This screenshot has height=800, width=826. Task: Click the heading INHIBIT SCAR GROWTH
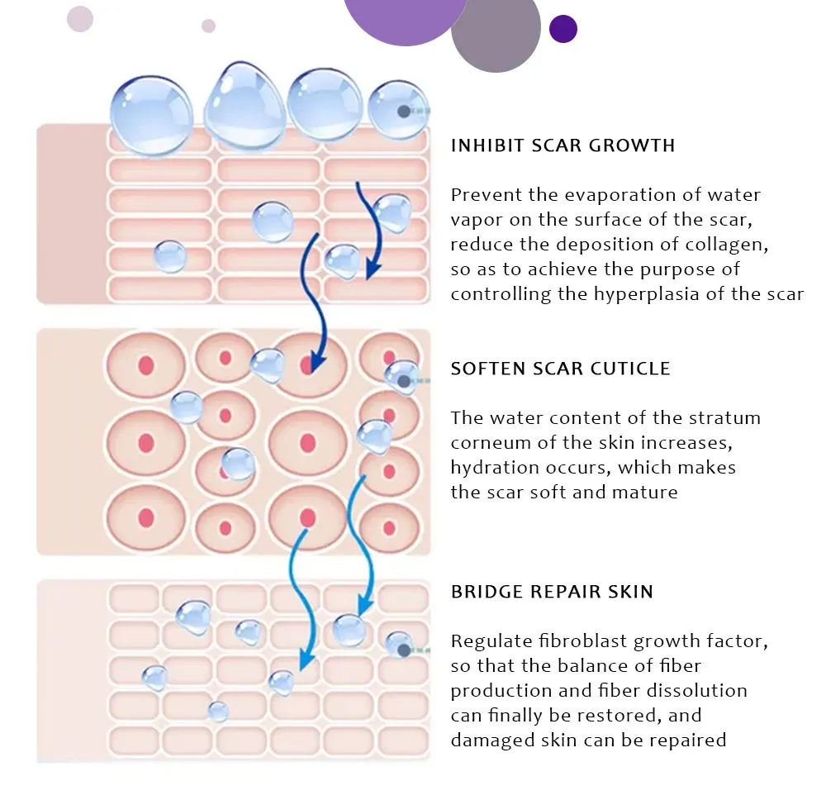(x=563, y=146)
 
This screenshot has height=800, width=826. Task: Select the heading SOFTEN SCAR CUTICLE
(x=560, y=369)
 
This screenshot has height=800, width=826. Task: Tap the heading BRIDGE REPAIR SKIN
(x=552, y=592)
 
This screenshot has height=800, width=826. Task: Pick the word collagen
(x=732, y=245)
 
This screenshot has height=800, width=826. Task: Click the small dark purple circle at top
(x=563, y=29)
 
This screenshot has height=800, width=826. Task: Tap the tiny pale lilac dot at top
(x=208, y=26)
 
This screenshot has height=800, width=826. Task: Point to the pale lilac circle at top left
(x=80, y=18)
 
